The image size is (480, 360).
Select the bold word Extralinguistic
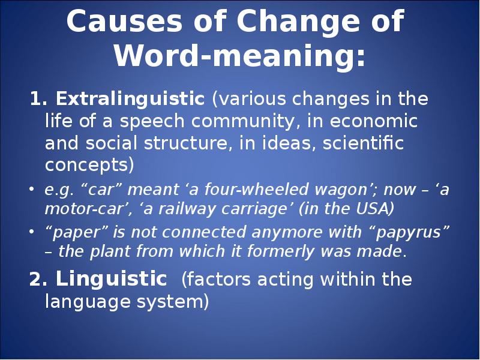point(130,99)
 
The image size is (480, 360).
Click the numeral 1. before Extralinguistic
point(38,99)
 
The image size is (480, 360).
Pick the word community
point(242,122)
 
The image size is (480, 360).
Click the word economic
point(373,121)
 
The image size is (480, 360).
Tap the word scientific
point(363,143)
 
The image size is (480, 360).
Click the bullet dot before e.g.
point(32,189)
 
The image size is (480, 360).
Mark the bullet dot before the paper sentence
point(32,232)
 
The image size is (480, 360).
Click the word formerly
point(280,251)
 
